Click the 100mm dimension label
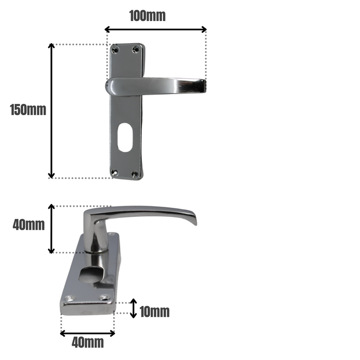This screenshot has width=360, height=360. [x=147, y=15]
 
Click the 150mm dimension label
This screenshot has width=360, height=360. [x=28, y=110]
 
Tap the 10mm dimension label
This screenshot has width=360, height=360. [x=154, y=312]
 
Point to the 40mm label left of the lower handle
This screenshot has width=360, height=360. [x=28, y=225]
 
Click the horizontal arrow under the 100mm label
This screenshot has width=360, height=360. [x=155, y=29]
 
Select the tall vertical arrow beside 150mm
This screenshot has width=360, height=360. [x=51, y=111]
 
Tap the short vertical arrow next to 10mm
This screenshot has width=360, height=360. [x=134, y=309]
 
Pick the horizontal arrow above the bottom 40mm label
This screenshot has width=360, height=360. [x=87, y=333]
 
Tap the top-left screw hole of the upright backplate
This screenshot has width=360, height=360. [x=116, y=49]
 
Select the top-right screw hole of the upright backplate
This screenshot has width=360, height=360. [x=136, y=49]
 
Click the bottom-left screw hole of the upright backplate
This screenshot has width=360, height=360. [x=115, y=173]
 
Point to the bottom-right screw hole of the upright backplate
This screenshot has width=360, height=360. [x=135, y=174]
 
